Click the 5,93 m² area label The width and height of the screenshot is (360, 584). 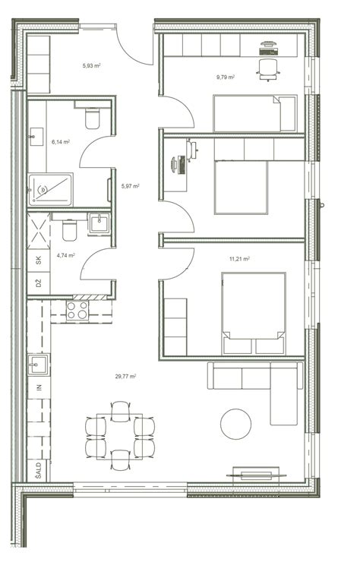tap(91, 66)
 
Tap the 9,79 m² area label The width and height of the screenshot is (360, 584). tap(226, 77)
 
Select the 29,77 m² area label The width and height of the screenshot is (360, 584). tap(125, 376)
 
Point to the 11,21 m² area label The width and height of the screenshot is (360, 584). tap(239, 259)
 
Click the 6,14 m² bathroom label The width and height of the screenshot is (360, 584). tap(61, 142)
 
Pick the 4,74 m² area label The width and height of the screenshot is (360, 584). tap(65, 255)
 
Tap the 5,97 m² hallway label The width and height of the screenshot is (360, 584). tap(130, 186)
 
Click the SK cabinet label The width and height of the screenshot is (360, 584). tap(39, 260)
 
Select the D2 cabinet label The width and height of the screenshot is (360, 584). tap(39, 283)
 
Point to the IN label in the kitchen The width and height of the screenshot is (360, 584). tap(39, 388)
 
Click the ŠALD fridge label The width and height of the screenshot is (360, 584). tap(39, 470)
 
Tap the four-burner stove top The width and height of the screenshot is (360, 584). tap(77, 311)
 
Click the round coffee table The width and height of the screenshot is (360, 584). tap(235, 424)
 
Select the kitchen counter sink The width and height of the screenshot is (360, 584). tap(38, 365)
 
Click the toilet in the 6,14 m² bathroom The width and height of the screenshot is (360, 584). tap(93, 118)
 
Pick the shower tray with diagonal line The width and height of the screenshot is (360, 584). tap(50, 190)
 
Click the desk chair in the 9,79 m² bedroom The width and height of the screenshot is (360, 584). tap(268, 69)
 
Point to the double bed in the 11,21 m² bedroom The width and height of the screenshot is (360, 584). tap(254, 314)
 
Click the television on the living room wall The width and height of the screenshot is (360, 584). tap(257, 475)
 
